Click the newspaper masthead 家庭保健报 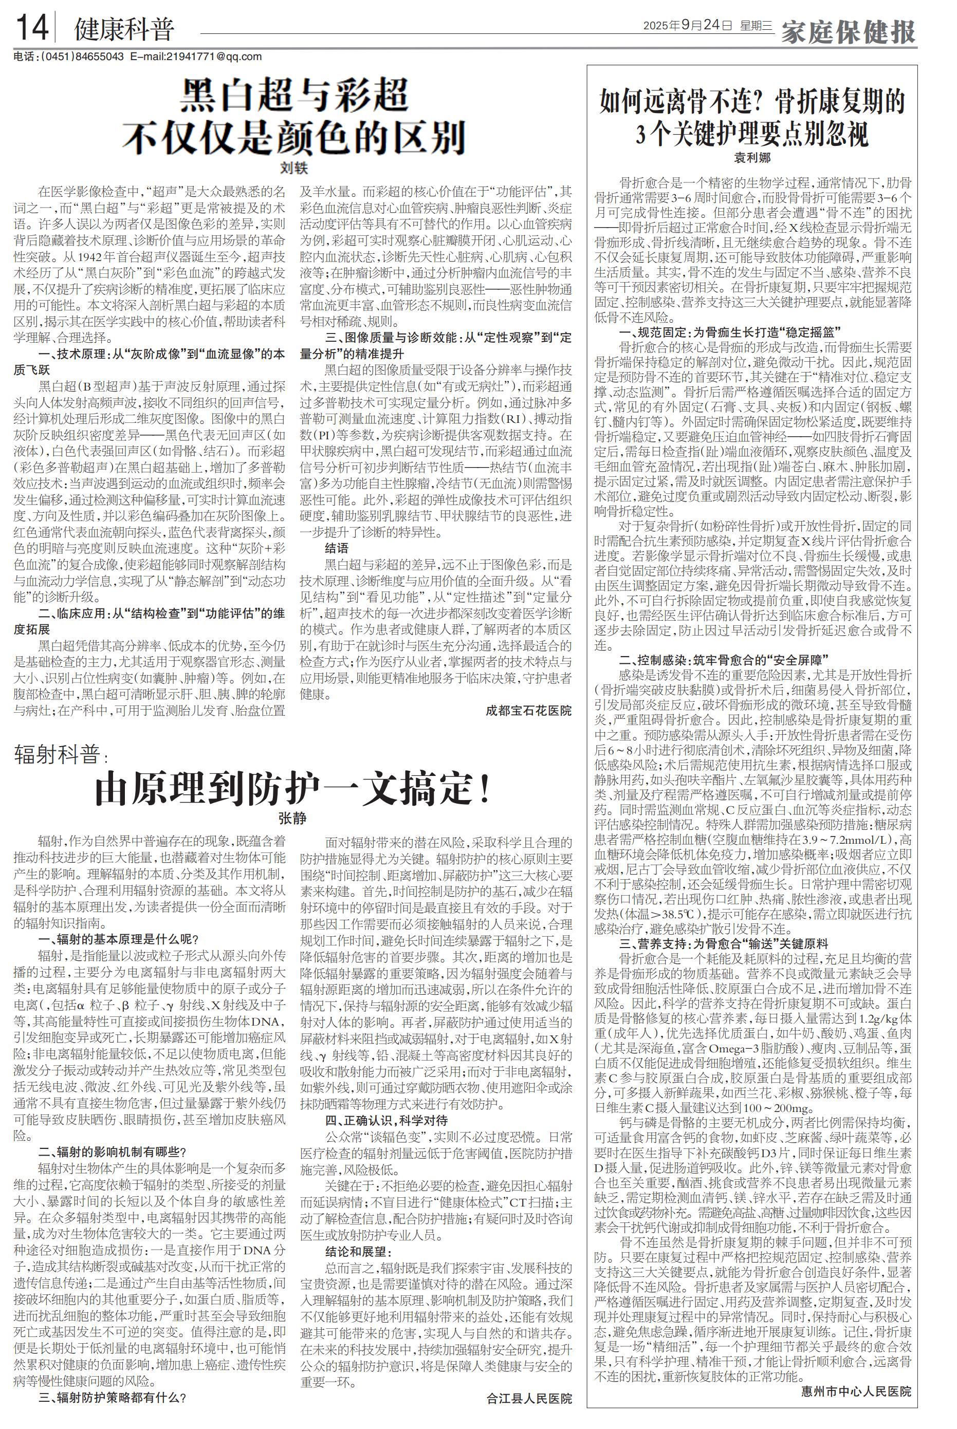coord(849,30)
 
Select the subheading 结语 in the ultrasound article coord(337,548)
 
